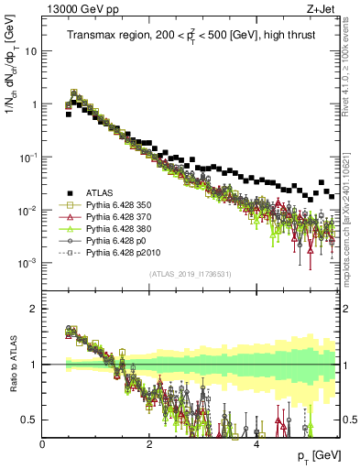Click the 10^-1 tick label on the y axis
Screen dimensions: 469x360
coord(28,158)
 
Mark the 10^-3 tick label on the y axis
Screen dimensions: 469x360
coord(28,263)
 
